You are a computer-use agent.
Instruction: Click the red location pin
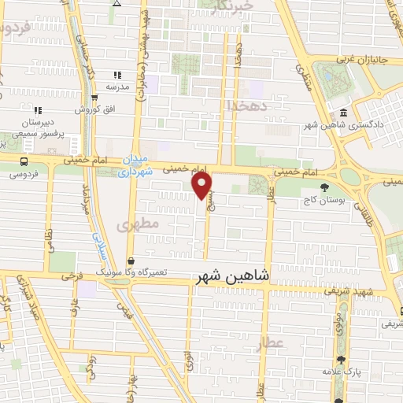click(202, 186)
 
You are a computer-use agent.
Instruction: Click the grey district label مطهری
click(139, 225)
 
